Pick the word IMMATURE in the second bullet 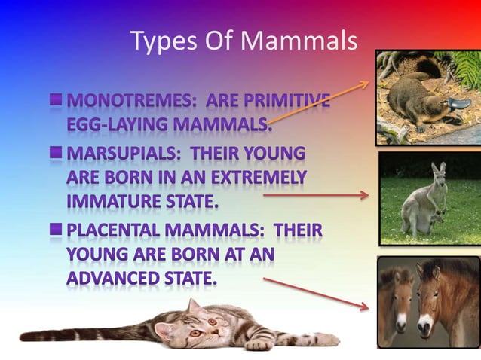[109, 201]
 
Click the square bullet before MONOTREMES [57, 99]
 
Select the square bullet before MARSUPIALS [57, 154]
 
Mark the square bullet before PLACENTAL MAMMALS [57, 229]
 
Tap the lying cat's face [198, 325]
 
